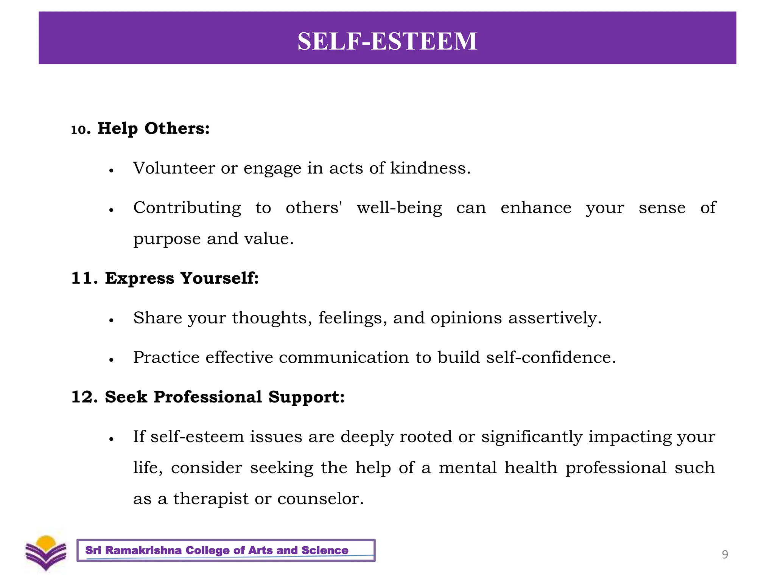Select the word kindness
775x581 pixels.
[x=430, y=168]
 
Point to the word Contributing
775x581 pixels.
[x=187, y=208]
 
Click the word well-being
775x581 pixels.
[x=399, y=208]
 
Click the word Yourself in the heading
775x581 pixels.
[x=219, y=278]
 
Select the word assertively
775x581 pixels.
[x=554, y=318]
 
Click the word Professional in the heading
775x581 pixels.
[x=208, y=397]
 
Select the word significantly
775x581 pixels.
[x=532, y=437]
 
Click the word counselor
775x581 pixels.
[x=320, y=499]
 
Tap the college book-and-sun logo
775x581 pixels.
[x=46, y=553]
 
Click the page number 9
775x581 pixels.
[x=725, y=555]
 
